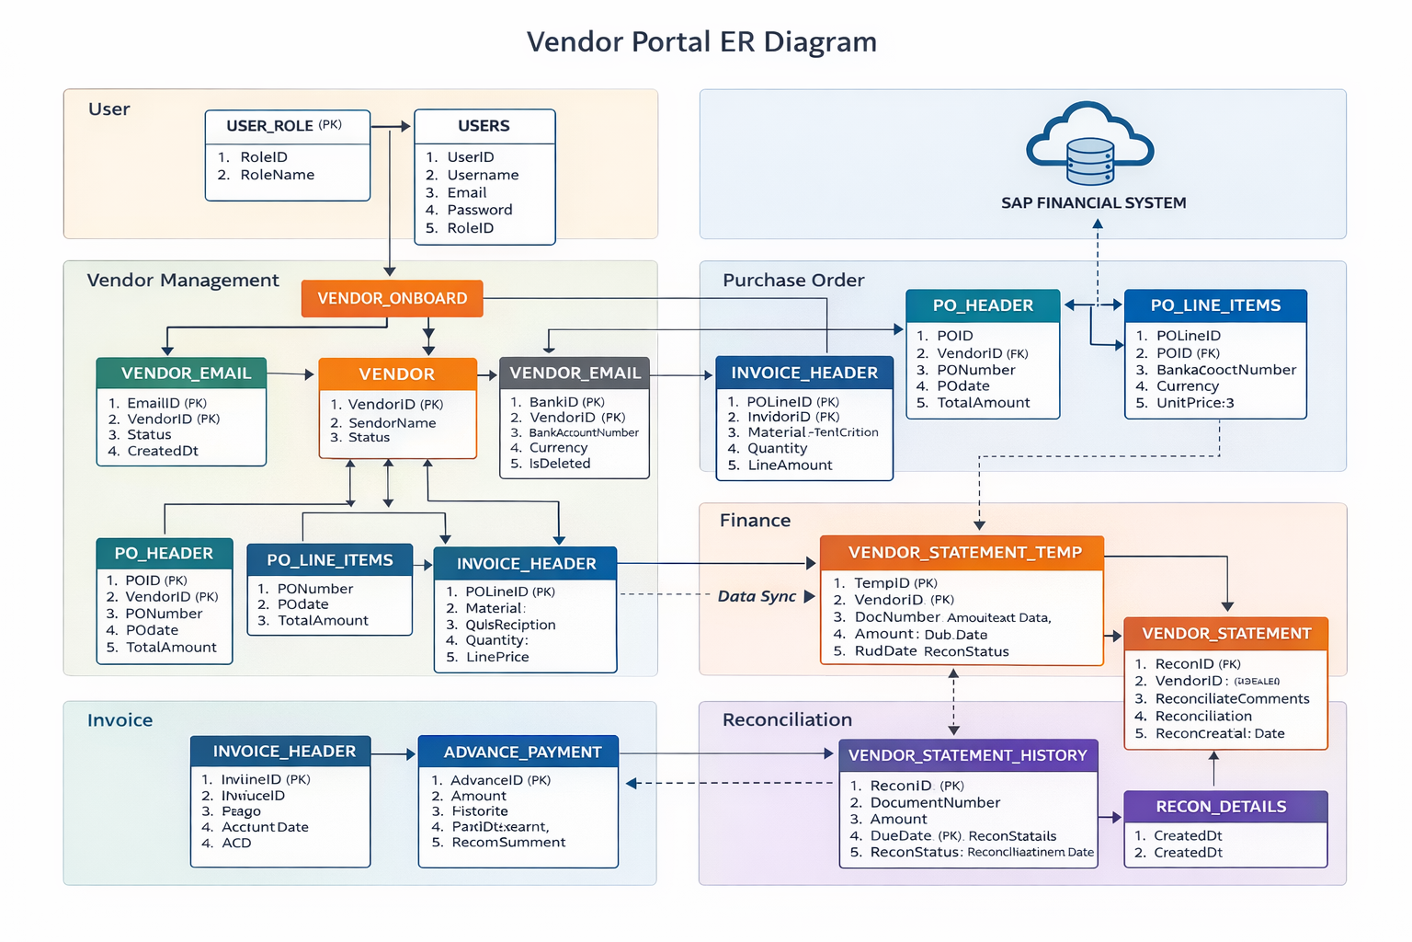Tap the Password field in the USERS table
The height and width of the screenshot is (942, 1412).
tap(479, 210)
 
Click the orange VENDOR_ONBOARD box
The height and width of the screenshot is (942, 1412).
tap(392, 299)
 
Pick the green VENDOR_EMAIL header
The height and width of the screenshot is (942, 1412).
tap(182, 373)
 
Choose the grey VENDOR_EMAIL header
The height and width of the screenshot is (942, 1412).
tap(575, 373)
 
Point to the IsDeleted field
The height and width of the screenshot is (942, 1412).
tap(559, 464)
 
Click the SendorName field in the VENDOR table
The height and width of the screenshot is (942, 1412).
tap(392, 423)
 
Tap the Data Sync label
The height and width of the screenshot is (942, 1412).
tap(757, 596)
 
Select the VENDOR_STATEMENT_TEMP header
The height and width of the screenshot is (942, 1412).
tap(963, 553)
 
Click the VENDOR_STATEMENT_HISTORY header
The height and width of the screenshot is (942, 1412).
tap(967, 755)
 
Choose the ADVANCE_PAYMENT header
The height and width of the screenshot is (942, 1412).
tap(521, 752)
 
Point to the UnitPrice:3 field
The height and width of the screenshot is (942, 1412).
tap(1195, 403)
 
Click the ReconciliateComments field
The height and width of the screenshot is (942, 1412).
tap(1232, 699)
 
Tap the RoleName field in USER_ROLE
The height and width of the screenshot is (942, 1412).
tap(277, 175)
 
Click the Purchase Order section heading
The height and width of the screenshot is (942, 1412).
tap(793, 281)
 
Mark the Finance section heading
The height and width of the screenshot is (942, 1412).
tap(755, 521)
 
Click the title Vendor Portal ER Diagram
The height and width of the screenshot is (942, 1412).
tap(701, 42)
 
